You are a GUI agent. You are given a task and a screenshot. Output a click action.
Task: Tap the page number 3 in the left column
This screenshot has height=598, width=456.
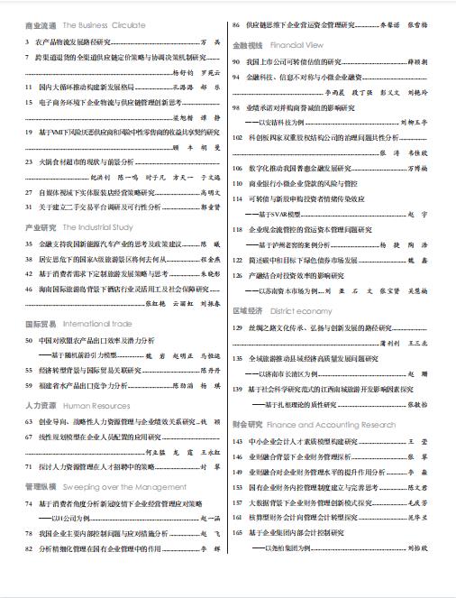(28, 42)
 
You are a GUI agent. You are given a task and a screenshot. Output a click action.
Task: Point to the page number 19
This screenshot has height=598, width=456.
(30, 131)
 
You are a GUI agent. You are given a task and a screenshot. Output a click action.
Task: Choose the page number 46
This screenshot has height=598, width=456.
(30, 289)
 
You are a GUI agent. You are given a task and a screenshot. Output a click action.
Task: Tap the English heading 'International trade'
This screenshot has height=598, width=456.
(101, 322)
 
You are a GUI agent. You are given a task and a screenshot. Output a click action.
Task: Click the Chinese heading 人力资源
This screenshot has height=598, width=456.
(42, 406)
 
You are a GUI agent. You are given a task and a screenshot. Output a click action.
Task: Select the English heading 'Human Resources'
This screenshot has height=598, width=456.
(97, 406)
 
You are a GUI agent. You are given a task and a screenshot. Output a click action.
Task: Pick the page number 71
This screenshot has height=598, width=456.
(30, 466)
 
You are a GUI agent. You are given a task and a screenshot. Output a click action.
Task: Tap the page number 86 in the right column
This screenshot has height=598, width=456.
(236, 26)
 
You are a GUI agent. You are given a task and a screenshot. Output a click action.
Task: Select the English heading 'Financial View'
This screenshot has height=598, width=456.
(297, 43)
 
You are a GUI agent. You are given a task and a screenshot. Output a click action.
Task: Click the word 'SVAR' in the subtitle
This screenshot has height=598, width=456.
(281, 213)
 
